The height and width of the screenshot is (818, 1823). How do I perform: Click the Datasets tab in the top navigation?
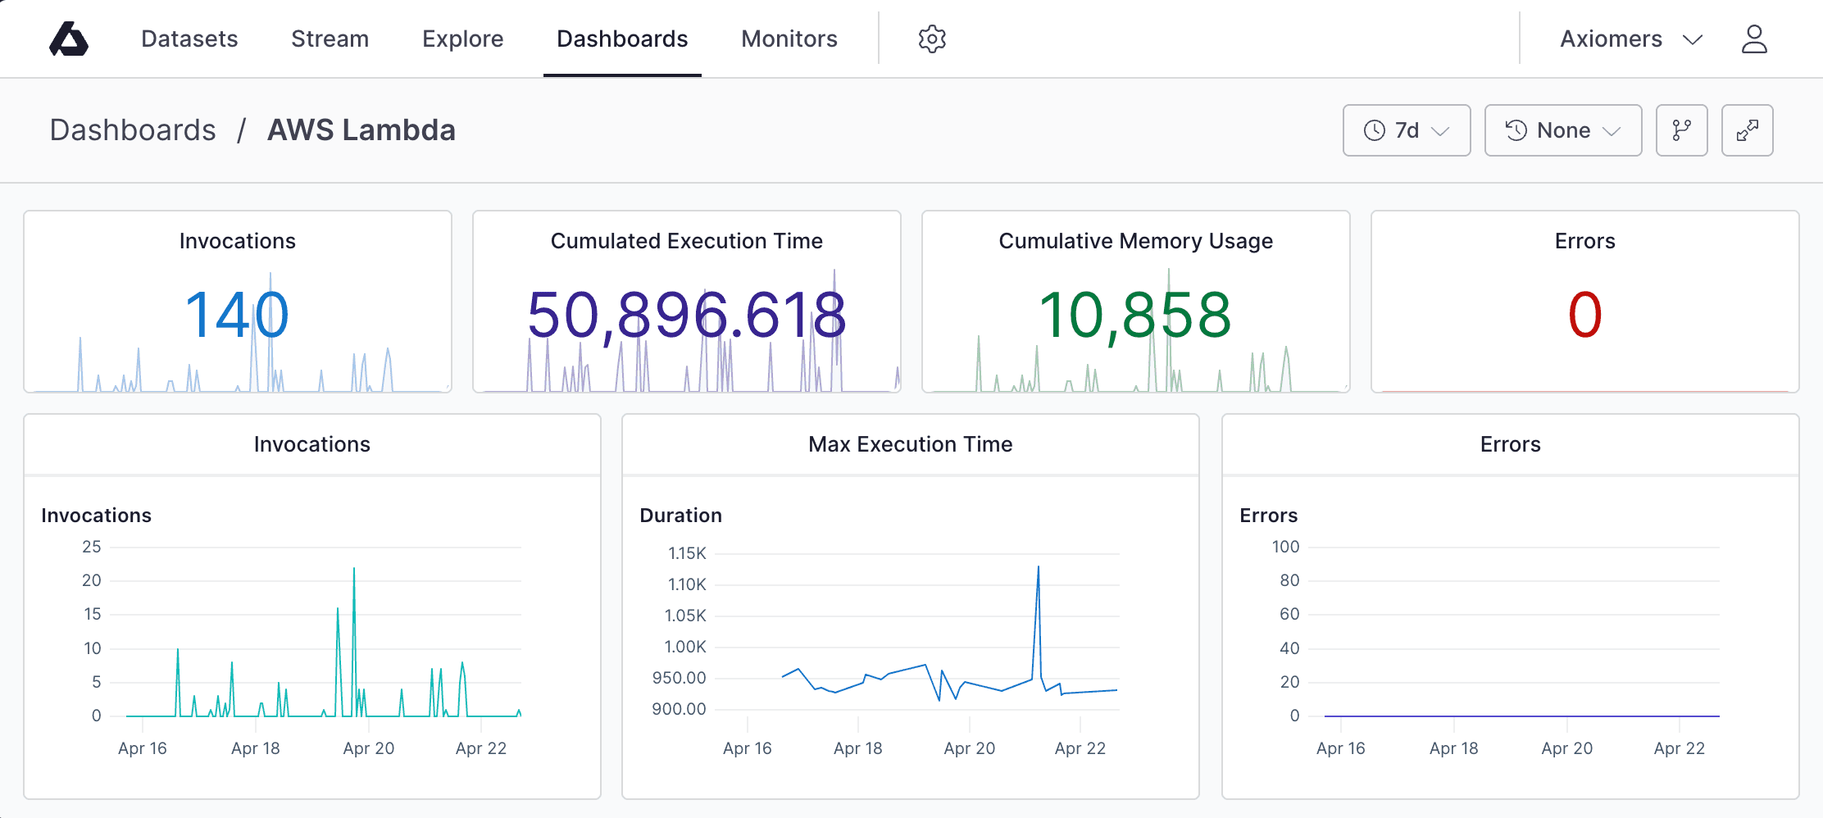click(189, 39)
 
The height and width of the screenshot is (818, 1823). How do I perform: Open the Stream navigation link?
click(330, 39)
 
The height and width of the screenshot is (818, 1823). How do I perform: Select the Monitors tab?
click(789, 39)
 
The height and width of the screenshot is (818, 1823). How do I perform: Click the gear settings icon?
click(932, 39)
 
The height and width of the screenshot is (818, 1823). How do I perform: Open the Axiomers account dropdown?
click(1630, 39)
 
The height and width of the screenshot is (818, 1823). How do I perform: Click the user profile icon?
click(1754, 39)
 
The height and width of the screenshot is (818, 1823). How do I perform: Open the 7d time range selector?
click(1406, 130)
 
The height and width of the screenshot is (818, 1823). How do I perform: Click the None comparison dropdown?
click(1562, 130)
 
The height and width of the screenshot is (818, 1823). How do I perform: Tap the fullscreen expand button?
click(1747, 130)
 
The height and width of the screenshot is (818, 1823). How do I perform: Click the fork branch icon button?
click(1681, 130)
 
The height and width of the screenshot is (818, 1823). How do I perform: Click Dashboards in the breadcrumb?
click(133, 130)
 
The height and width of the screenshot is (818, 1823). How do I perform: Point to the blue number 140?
click(237, 315)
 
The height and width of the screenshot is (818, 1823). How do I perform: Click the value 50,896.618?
click(686, 315)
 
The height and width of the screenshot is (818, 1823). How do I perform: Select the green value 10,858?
click(1134, 315)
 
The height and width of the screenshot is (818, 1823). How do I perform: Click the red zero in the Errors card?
click(1584, 315)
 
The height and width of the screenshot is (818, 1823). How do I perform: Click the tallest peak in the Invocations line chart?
click(354, 569)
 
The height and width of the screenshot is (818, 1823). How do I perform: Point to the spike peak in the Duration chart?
click(1039, 567)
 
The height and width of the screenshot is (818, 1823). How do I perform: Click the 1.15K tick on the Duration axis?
click(687, 553)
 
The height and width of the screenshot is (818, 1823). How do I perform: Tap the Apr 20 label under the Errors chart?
click(1566, 748)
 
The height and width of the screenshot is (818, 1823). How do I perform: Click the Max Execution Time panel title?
click(910, 444)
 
